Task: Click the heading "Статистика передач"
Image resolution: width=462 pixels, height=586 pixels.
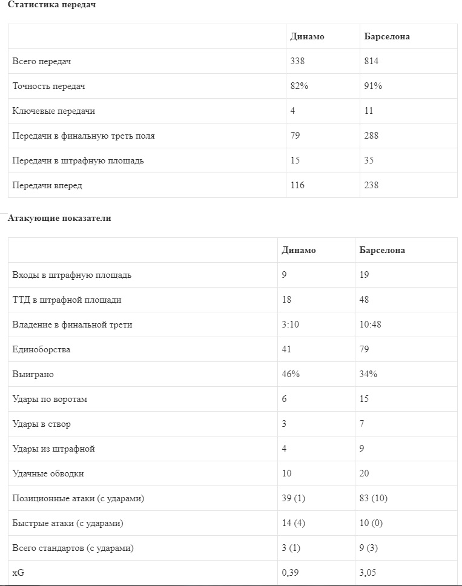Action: pos(51,5)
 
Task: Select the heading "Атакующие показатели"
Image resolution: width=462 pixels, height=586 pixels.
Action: pos(59,219)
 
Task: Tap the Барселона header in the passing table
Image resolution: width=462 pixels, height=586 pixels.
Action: pos(386,36)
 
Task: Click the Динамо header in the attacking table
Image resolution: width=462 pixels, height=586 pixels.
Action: pos(299,250)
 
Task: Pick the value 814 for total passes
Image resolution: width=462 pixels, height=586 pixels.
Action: pos(371,61)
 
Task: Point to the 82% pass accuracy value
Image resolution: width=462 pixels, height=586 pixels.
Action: pos(299,86)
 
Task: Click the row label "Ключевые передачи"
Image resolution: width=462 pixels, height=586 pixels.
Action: pos(53,111)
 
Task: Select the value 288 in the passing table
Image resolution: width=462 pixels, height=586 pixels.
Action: pos(371,136)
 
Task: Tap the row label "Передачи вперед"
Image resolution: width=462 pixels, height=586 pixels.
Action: pos(47,185)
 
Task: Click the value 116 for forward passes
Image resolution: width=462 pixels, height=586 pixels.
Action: pos(297,185)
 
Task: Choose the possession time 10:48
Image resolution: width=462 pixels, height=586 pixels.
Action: pos(371,324)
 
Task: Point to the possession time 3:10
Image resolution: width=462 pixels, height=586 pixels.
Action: pos(291,324)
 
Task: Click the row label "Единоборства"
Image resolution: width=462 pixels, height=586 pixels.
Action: pos(41,349)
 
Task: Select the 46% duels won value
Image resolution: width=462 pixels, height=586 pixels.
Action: pos(291,374)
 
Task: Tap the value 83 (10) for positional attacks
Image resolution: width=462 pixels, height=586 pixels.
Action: pos(373,498)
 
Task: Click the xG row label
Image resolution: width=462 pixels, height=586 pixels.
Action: pos(18,573)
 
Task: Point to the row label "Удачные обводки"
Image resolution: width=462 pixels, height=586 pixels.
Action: pos(48,473)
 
